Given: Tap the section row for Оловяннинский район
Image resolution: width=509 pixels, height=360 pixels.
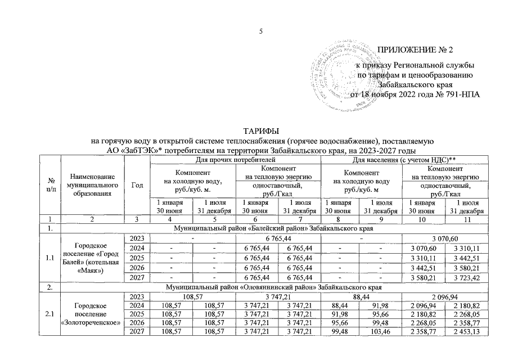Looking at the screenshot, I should [264, 288].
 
